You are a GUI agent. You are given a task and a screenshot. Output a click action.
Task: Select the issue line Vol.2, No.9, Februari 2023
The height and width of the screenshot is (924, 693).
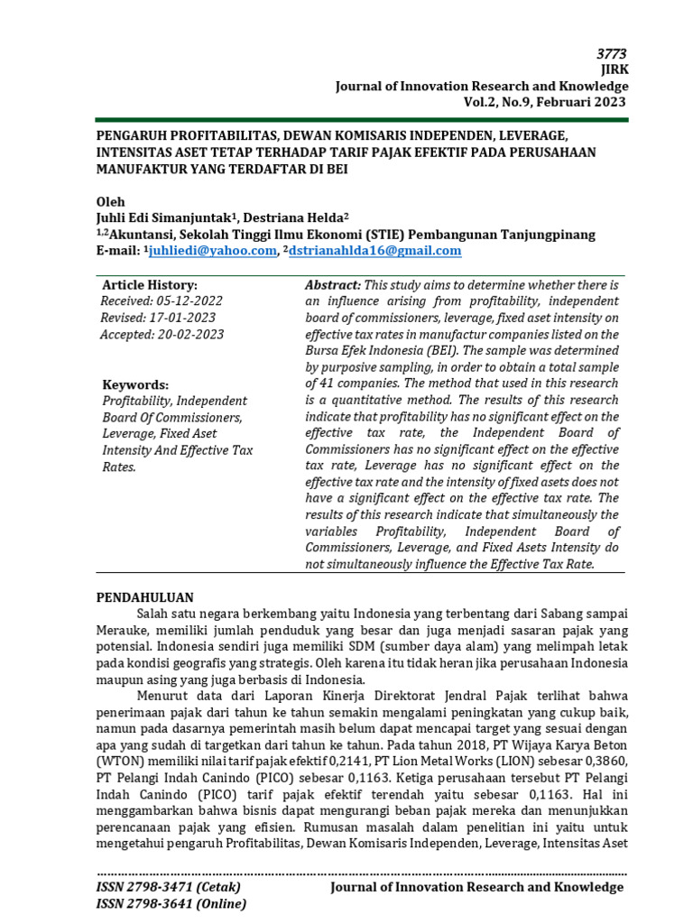[544, 102]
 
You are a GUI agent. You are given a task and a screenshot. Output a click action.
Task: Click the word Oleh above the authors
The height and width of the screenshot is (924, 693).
[111, 201]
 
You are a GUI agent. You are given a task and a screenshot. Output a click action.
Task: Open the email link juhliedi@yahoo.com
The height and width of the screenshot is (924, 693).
[213, 251]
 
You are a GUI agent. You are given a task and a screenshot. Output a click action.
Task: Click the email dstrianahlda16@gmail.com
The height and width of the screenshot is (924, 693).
[374, 251]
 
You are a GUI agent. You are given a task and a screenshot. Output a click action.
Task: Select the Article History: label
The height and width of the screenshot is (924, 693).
[149, 285]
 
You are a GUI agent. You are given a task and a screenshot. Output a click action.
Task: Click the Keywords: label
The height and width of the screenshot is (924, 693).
[135, 384]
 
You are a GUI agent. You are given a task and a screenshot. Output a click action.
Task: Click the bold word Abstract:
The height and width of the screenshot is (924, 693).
[333, 285]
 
